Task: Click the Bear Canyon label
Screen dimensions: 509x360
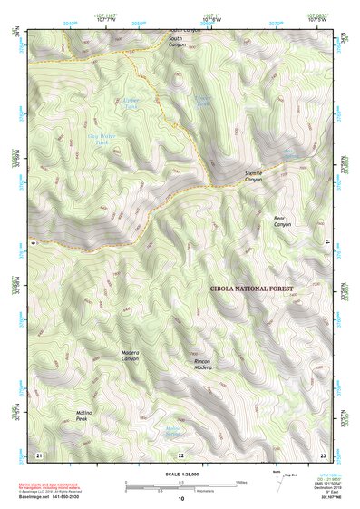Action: [x=283, y=220]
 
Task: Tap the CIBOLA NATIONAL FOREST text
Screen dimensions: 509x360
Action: [x=251, y=288]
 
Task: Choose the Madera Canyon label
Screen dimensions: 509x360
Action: [x=131, y=355]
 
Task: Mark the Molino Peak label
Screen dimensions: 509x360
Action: [x=86, y=416]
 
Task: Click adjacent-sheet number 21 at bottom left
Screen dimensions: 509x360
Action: [x=38, y=454]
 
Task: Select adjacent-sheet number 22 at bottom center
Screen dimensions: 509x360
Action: [x=180, y=455]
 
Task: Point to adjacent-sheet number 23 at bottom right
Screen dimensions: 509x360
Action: [x=322, y=454]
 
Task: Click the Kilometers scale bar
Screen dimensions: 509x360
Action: [x=180, y=487]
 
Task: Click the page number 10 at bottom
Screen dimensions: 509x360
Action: [x=180, y=499]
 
